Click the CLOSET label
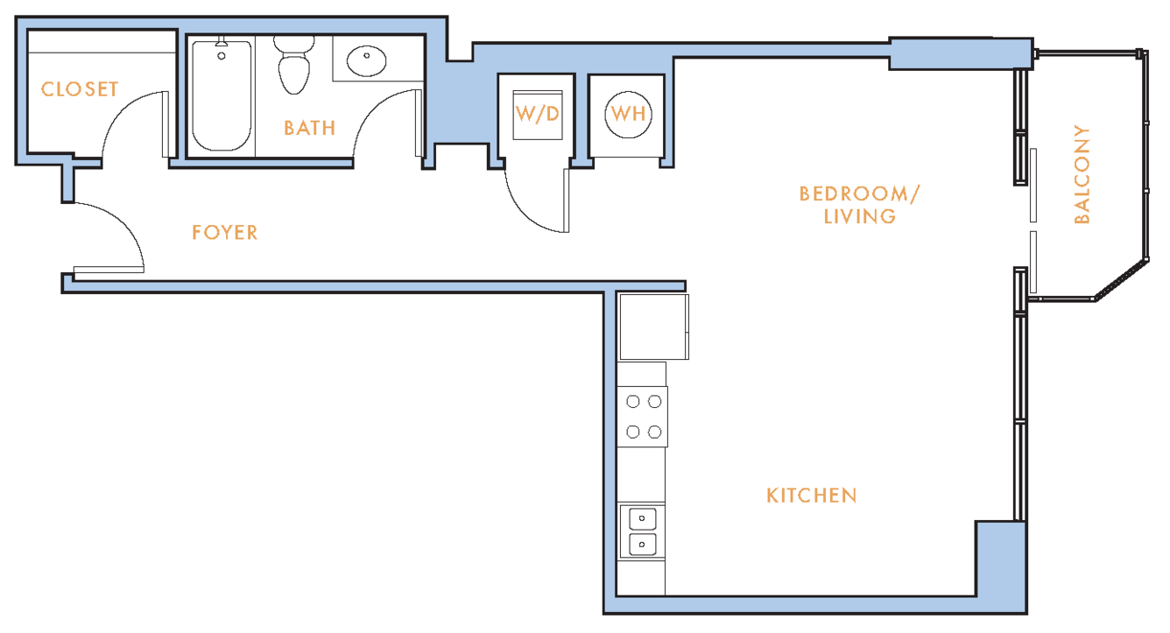(x=80, y=89)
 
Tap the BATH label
(x=309, y=129)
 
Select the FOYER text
(x=224, y=233)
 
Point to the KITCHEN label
(x=811, y=496)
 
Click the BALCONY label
(x=1082, y=174)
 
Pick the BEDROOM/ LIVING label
(x=859, y=205)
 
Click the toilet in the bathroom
(x=294, y=65)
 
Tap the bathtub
(x=222, y=95)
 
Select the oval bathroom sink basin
(x=366, y=61)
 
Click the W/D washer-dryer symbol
(x=538, y=115)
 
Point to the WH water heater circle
(x=628, y=115)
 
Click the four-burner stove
(x=643, y=417)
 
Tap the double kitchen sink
(x=642, y=531)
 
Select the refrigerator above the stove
(x=653, y=327)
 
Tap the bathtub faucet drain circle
(x=222, y=56)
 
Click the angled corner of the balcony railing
(x=1122, y=280)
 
